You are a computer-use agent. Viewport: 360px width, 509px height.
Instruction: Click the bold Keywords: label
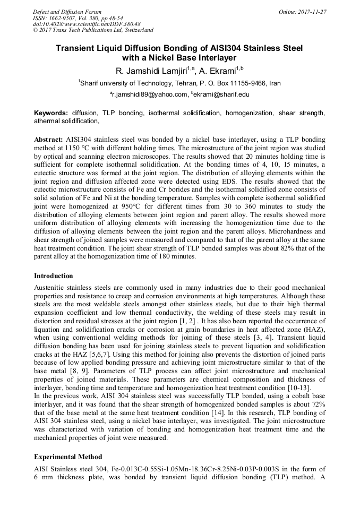pyautogui.click(x=51, y=113)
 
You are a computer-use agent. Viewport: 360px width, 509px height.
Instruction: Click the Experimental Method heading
pyautogui.click(x=68, y=456)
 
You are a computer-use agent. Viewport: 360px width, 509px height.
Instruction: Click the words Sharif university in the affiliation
pyautogui.click(x=104, y=83)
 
